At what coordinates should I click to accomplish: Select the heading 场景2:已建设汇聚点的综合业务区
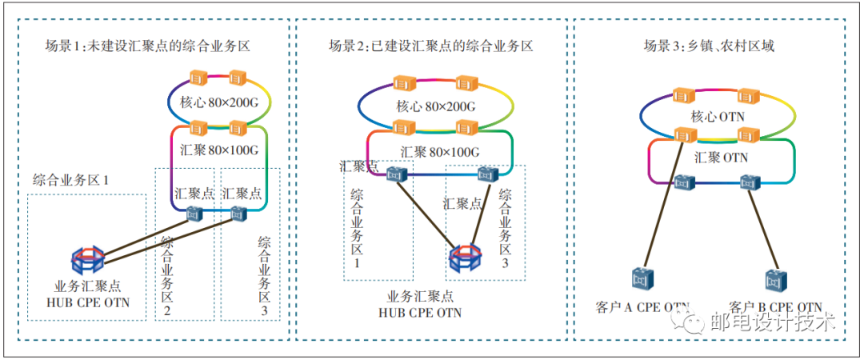pyautogui.click(x=431, y=46)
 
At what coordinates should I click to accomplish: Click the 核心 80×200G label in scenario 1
pyautogui.click(x=218, y=102)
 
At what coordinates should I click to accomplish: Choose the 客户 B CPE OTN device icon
pyautogui.click(x=774, y=279)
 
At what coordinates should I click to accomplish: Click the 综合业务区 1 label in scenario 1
pyautogui.click(x=70, y=179)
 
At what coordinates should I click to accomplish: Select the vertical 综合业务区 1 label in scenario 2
pyautogui.click(x=358, y=228)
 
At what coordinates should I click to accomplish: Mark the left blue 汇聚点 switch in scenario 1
pyautogui.click(x=193, y=214)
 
